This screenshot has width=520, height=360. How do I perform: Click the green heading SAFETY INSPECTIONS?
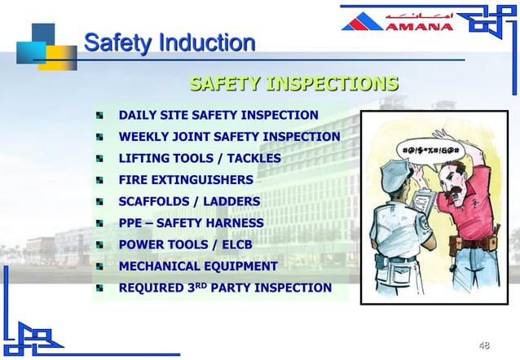[293, 84]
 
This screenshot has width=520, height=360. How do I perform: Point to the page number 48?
[484, 345]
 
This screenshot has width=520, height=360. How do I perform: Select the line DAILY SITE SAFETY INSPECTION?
[218, 115]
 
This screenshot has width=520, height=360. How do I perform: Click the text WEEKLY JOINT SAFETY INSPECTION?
[229, 136]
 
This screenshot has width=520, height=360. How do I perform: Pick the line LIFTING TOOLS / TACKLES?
[200, 158]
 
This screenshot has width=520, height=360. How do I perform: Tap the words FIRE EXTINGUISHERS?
[186, 179]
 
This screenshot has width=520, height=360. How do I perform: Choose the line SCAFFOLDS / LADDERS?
[189, 201]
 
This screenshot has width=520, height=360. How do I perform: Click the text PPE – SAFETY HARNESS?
[191, 222]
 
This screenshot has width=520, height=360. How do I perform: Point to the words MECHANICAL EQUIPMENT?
[198, 266]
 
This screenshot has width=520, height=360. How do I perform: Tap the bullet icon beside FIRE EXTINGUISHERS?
[99, 180]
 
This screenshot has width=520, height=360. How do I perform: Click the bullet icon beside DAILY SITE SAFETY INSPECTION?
[99, 116]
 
